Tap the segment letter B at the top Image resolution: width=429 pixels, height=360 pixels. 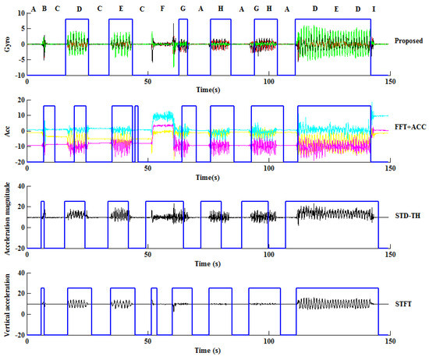(x=44, y=9)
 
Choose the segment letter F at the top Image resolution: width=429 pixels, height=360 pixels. (x=162, y=9)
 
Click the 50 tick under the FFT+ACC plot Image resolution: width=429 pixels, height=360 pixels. (x=148, y=167)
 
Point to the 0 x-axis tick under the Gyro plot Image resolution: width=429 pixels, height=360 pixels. (x=28, y=81)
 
